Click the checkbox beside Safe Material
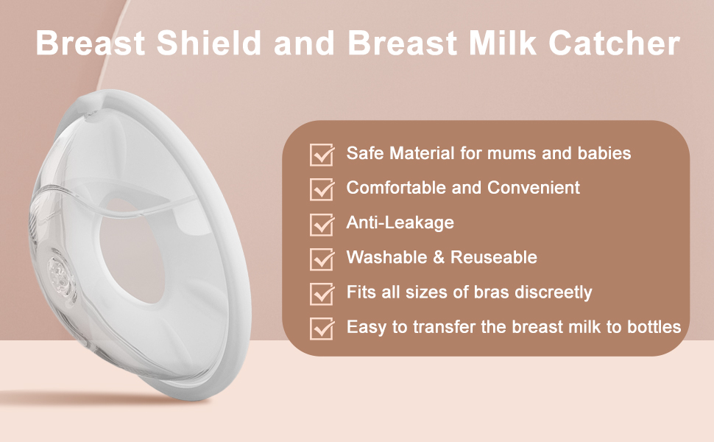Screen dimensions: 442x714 322,155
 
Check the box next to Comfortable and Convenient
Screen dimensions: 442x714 322,189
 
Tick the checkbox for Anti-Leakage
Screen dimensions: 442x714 322,224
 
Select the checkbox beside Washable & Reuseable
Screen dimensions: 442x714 322,259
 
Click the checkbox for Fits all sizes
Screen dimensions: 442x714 322,293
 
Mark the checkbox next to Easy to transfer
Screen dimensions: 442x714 322,328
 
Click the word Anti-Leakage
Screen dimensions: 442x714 400,222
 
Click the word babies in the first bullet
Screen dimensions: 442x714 605,153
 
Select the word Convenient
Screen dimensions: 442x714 531,188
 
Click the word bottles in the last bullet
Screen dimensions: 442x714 655,326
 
